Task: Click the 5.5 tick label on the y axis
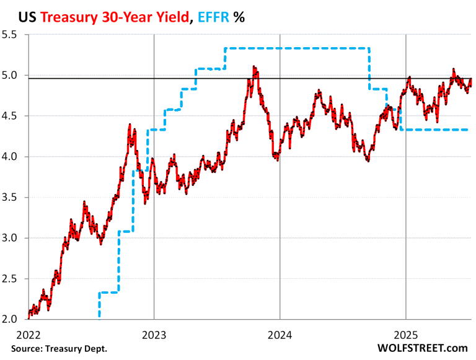(12, 35)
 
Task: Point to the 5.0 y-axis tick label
(12, 76)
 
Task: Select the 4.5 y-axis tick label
(12, 116)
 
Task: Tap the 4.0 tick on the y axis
(12, 157)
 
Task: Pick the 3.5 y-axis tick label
(12, 198)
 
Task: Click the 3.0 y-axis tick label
(12, 238)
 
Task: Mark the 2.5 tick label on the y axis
(12, 279)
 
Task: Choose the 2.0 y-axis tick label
(12, 319)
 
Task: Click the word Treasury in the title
(66, 17)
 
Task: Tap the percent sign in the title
(239, 17)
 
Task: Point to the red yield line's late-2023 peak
(254, 68)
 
